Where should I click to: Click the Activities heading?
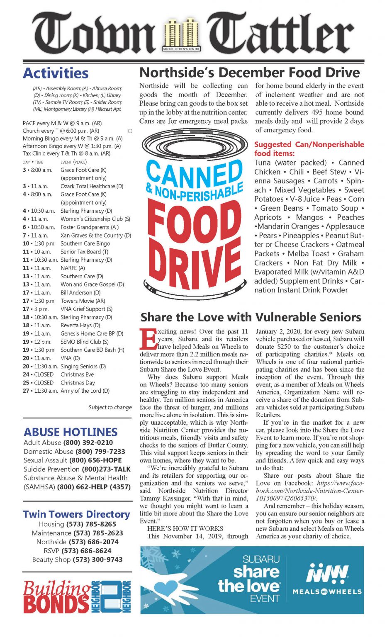coord(56,73)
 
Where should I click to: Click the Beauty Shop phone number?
coord(97,559)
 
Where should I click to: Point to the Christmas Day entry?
coord(78,383)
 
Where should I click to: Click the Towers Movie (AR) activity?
coord(83,301)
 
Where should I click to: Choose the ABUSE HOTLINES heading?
coord(71,432)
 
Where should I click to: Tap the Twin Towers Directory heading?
coord(76,514)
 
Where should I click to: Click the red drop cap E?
coord(148,339)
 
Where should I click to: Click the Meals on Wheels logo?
coord(327,579)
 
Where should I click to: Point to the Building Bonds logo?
coord(77,597)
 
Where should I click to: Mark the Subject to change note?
coord(110,407)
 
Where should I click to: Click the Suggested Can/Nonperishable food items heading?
coord(309,148)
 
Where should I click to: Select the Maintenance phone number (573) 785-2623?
coord(98,533)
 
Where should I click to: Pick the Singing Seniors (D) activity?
coord(83,367)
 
